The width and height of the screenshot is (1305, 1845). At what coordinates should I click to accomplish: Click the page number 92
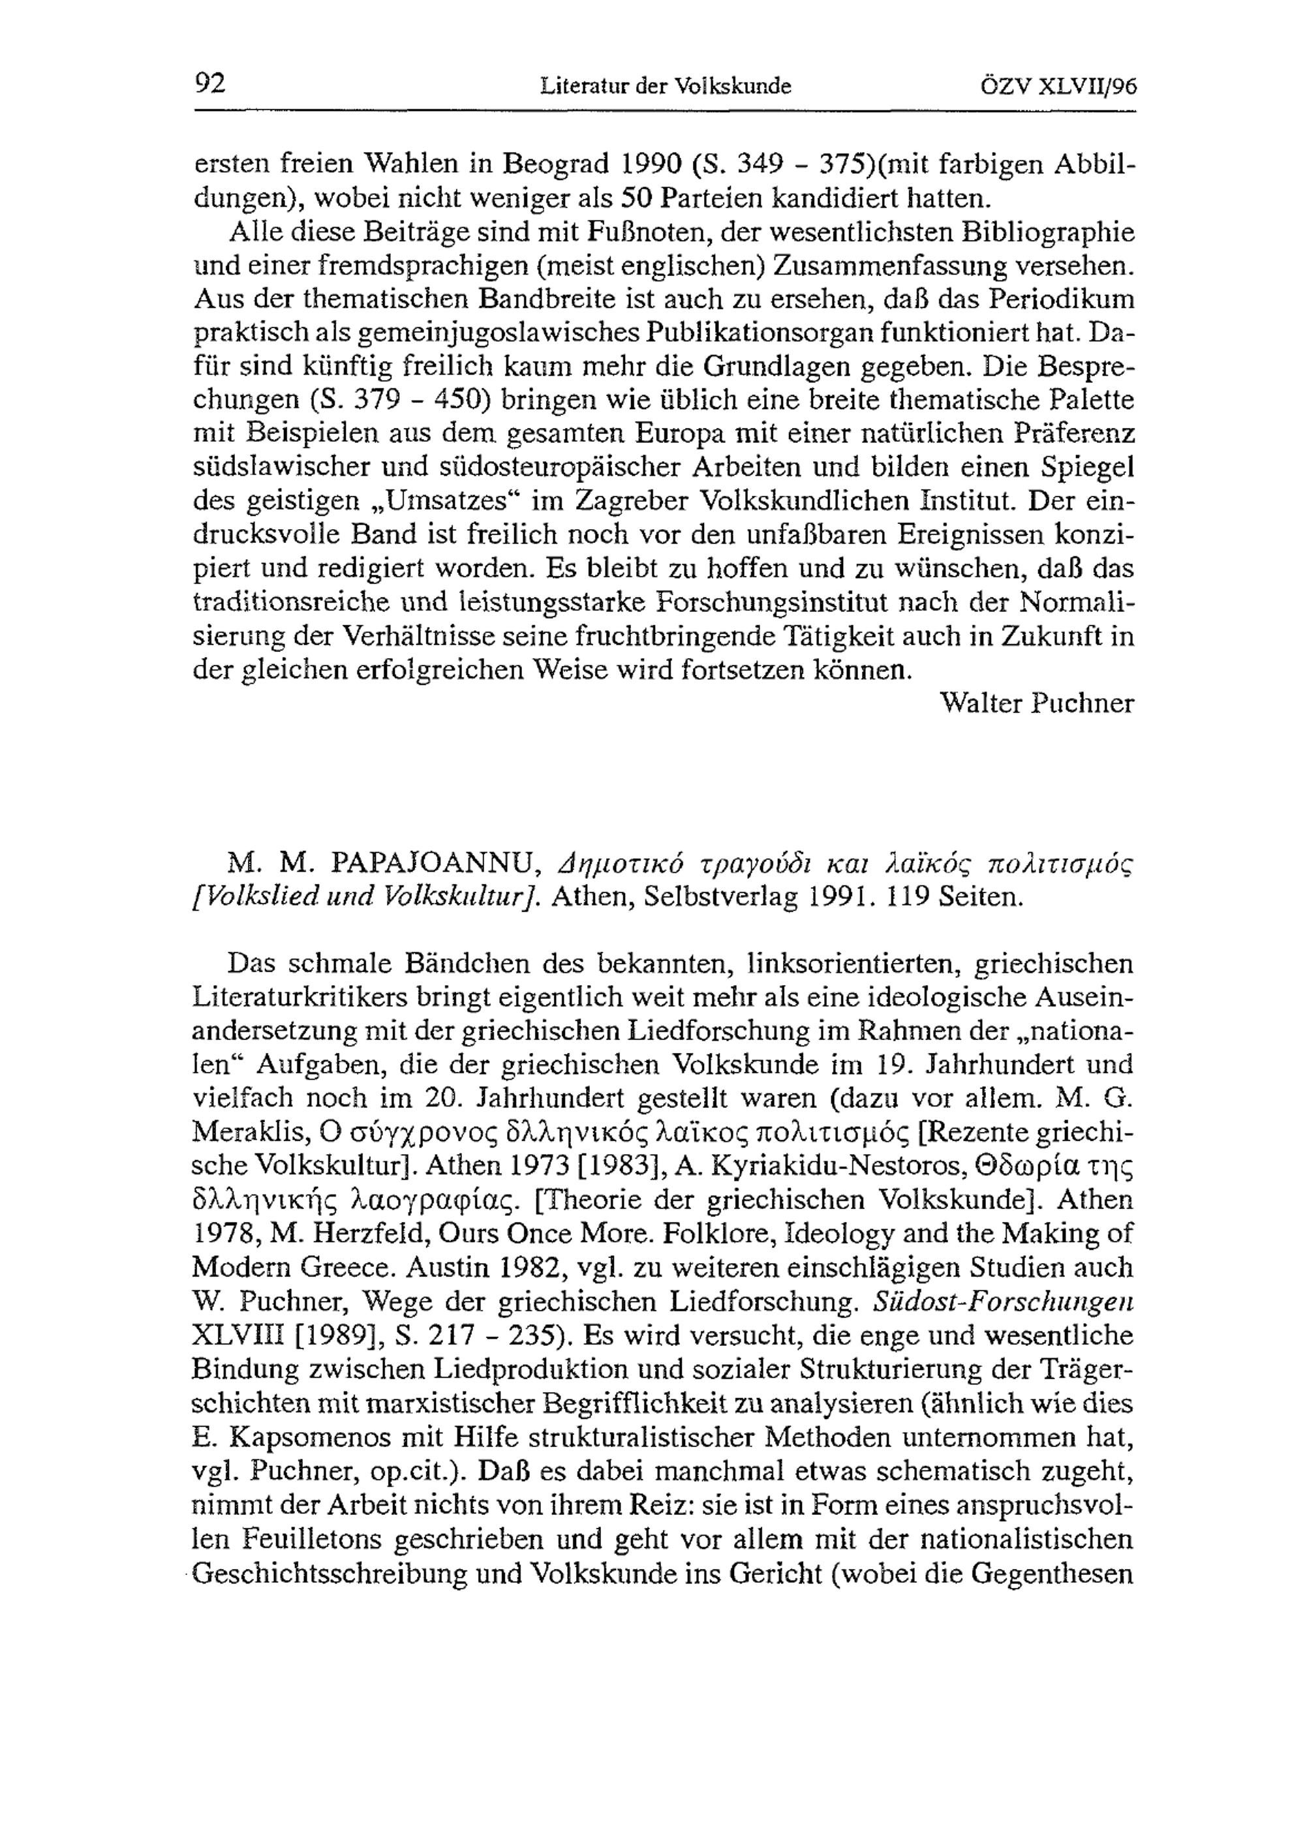coord(211,84)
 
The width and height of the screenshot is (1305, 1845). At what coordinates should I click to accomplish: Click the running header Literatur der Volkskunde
coord(666,86)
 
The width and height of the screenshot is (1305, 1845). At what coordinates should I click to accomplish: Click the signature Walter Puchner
coord(1037,704)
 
